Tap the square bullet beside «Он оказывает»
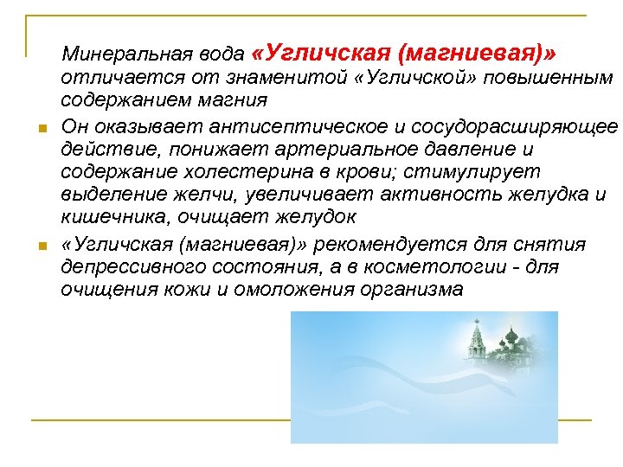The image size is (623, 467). [42, 130]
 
